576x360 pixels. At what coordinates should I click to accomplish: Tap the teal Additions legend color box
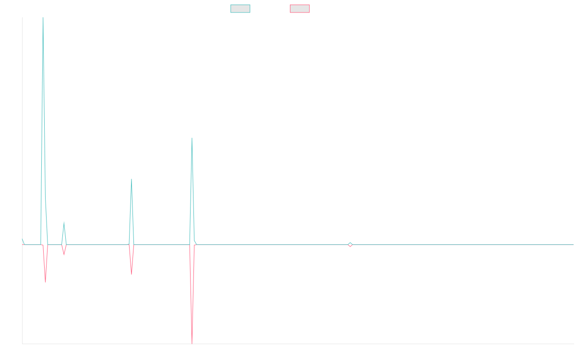tap(240, 9)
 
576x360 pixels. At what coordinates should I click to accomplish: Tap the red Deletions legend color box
tap(300, 9)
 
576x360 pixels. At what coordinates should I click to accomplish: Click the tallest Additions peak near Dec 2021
tap(43, 18)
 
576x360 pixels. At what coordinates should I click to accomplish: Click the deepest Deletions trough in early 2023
tap(192, 343)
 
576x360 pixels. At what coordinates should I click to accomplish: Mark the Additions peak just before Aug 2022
tap(132, 179)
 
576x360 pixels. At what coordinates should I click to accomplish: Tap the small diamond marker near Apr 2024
tap(350, 245)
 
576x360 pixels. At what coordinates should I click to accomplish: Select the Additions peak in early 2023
tap(192, 138)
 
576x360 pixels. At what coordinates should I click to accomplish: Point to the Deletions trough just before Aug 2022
tap(132, 274)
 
